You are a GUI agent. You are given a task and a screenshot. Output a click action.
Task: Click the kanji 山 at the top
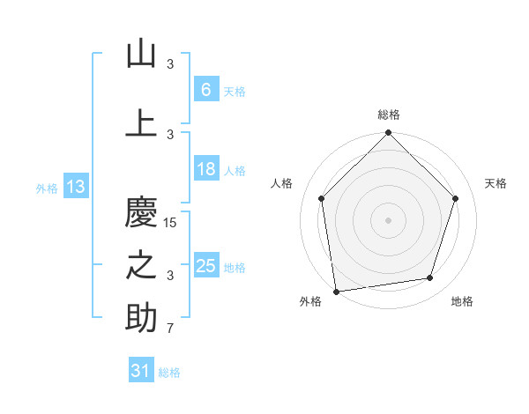(x=141, y=54)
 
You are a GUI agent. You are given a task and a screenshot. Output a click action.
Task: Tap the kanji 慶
(x=141, y=211)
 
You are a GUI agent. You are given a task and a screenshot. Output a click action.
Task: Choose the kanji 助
(x=141, y=318)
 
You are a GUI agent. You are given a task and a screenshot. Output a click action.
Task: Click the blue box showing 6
(x=205, y=89)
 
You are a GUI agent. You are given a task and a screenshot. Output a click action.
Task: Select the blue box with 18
(x=205, y=169)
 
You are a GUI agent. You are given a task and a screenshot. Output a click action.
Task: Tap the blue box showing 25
(x=205, y=266)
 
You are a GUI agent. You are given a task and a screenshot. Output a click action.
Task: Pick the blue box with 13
(x=75, y=187)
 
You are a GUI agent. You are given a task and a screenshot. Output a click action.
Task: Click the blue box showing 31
(x=141, y=371)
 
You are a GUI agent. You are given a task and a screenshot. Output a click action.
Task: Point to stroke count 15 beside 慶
(x=170, y=223)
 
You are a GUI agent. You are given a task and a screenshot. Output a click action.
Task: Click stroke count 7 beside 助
(x=170, y=329)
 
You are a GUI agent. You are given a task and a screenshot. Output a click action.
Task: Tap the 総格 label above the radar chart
(x=389, y=115)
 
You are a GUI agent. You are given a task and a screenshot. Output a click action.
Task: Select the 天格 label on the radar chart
(x=495, y=183)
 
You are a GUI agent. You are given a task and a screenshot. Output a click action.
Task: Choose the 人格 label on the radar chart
(x=282, y=183)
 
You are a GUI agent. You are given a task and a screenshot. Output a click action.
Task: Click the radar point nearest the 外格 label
(x=336, y=291)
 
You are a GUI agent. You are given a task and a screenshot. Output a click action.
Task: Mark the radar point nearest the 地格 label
(x=430, y=278)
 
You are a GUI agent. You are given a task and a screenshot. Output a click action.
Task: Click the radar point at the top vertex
(x=388, y=134)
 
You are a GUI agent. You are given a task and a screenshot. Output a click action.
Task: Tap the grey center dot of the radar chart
(x=388, y=219)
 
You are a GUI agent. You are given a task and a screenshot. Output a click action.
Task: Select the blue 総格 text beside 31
(x=169, y=373)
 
